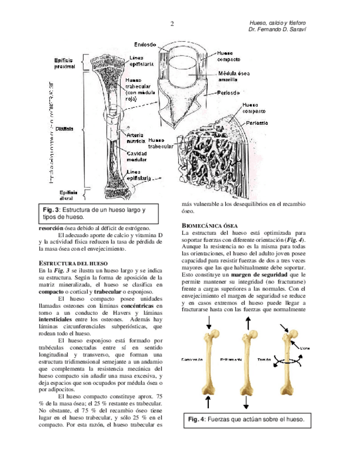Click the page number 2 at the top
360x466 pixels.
click(x=172, y=24)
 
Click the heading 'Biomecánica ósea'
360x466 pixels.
click(x=209, y=226)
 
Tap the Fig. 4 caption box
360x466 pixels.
click(x=245, y=420)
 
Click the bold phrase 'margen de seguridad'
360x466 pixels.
click(x=259, y=274)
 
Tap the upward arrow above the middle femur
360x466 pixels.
click(x=246, y=325)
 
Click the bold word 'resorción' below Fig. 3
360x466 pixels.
click(x=54, y=229)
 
